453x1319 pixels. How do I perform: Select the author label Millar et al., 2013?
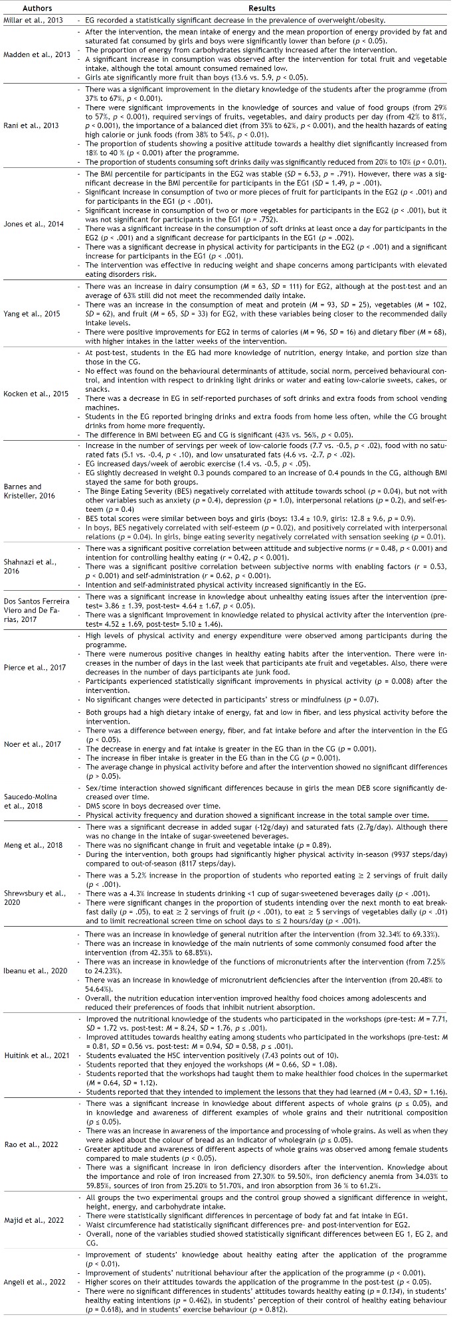coord(34,20)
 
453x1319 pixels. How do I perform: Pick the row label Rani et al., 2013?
coord(34,125)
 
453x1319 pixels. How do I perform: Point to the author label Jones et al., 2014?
coord(34,224)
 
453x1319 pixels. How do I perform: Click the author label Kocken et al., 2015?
coord(34,394)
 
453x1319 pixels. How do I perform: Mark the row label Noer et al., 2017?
coord(34,744)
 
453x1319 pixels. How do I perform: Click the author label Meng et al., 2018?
coord(34,845)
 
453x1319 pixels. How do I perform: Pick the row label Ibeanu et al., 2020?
coord(34,970)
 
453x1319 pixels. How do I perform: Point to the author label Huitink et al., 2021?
coord(34,1049)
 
